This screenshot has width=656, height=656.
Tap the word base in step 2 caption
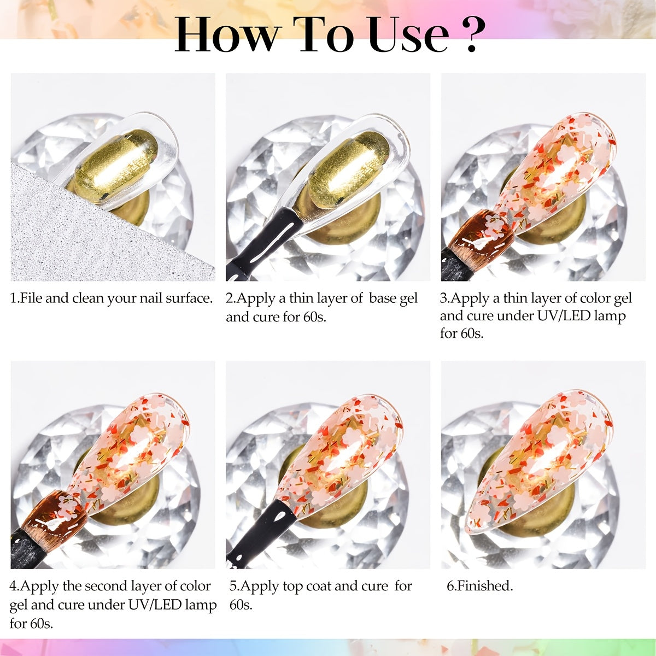[383, 298]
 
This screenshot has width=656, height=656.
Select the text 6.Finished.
[480, 586]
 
